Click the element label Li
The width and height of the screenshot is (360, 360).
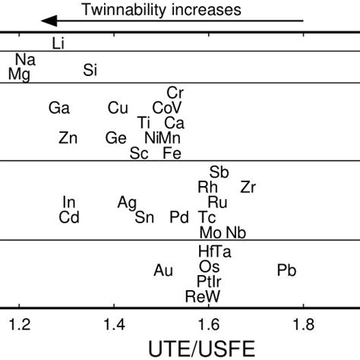[58, 44]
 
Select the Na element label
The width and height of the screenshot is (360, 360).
[24, 59]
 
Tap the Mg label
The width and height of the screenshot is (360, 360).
[19, 73]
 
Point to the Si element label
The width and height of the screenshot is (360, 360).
[90, 71]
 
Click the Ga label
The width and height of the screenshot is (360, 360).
[58, 109]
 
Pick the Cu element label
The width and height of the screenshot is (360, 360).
[118, 109]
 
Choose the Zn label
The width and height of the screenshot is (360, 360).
[68, 137]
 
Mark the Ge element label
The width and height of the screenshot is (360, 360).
[116, 137]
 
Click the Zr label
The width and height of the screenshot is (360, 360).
[248, 187]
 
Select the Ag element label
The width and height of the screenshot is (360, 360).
[127, 202]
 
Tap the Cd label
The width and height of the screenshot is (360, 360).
[69, 218]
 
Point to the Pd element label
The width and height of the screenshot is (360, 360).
[179, 218]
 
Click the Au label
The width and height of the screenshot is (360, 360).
[163, 270]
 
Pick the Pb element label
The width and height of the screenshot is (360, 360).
[287, 270]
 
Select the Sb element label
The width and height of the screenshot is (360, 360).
[219, 172]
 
